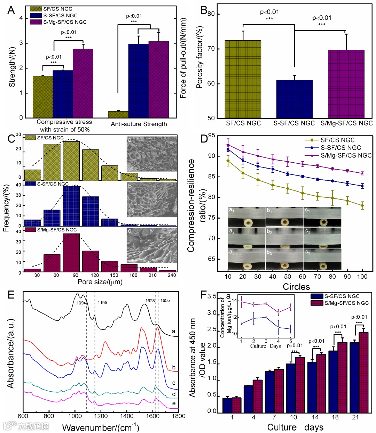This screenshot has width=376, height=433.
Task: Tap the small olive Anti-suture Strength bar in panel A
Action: tap(118, 114)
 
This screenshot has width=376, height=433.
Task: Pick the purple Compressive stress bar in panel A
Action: tap(83, 83)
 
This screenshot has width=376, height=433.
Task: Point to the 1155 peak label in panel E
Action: tap(102, 303)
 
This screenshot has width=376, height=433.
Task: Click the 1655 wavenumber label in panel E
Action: tap(165, 300)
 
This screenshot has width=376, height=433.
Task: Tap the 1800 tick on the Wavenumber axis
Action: tap(179, 416)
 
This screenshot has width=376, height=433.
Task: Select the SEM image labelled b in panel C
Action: tap(152, 200)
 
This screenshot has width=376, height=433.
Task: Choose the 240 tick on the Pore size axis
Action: tap(172, 275)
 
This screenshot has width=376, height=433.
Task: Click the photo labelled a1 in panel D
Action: tap(246, 217)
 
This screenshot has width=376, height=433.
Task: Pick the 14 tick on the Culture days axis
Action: tap(315, 417)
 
